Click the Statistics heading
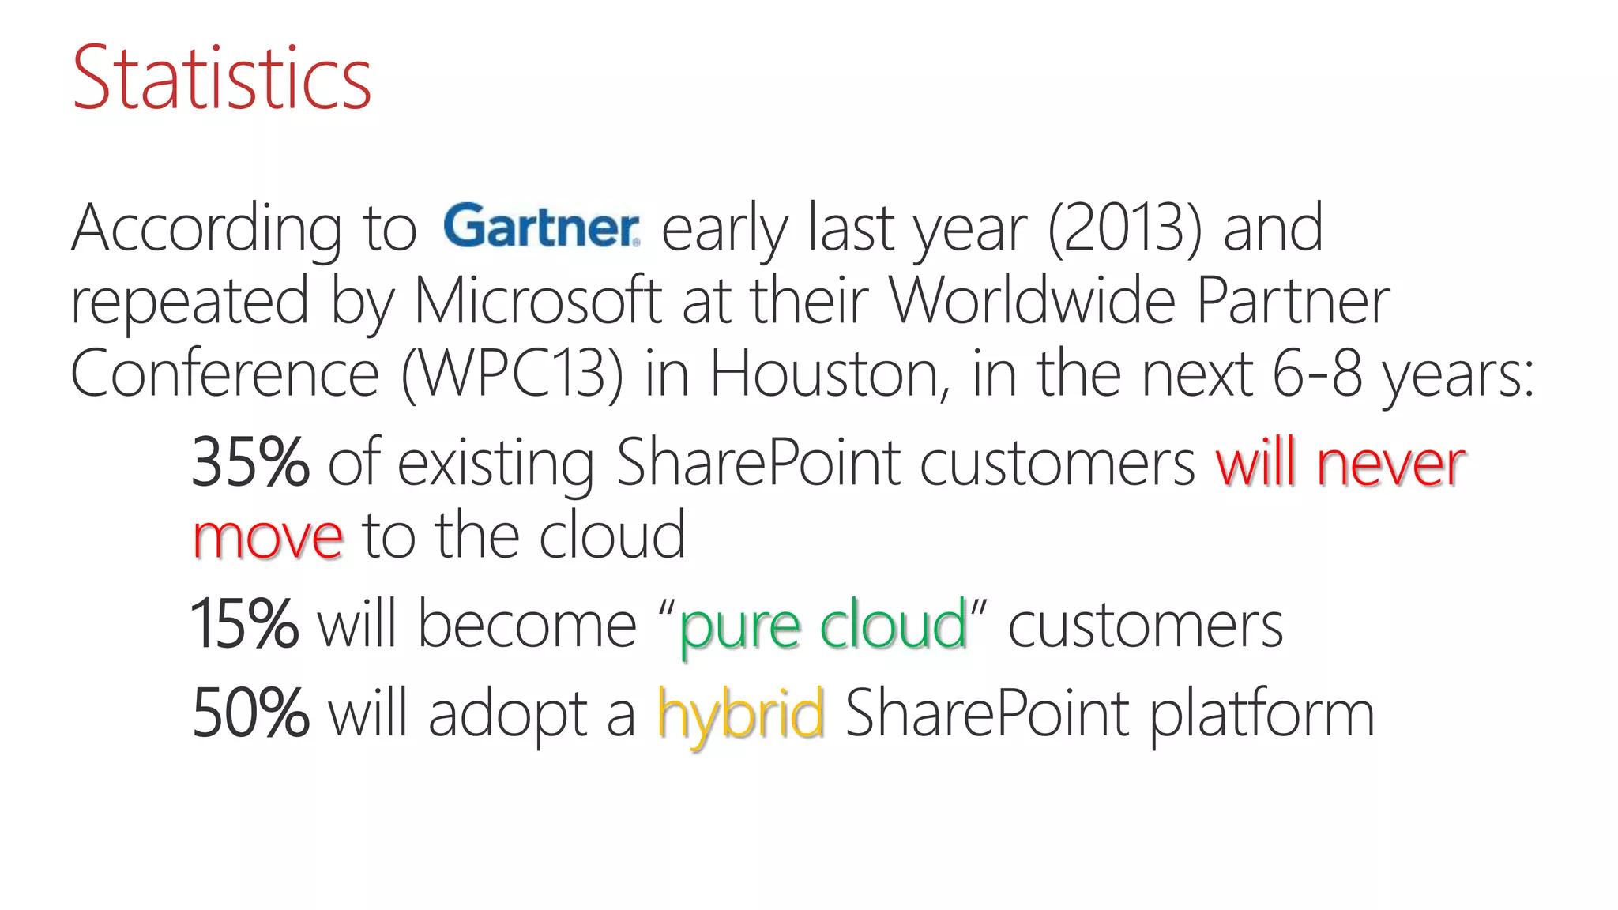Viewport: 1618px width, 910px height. coord(221,78)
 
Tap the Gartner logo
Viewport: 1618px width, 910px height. coord(541,226)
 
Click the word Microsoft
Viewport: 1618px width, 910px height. coord(537,301)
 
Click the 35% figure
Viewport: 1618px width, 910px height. coord(250,463)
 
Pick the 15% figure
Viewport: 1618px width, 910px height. coord(244,624)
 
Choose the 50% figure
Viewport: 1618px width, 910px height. coord(250,713)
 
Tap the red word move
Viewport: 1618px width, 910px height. coord(268,537)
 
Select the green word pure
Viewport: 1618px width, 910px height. coord(739,626)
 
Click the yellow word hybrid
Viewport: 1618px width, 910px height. coord(740,713)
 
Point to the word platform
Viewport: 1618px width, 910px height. coord(1262,713)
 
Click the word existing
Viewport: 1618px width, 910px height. coord(495,464)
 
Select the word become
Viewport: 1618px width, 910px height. coord(526,624)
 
